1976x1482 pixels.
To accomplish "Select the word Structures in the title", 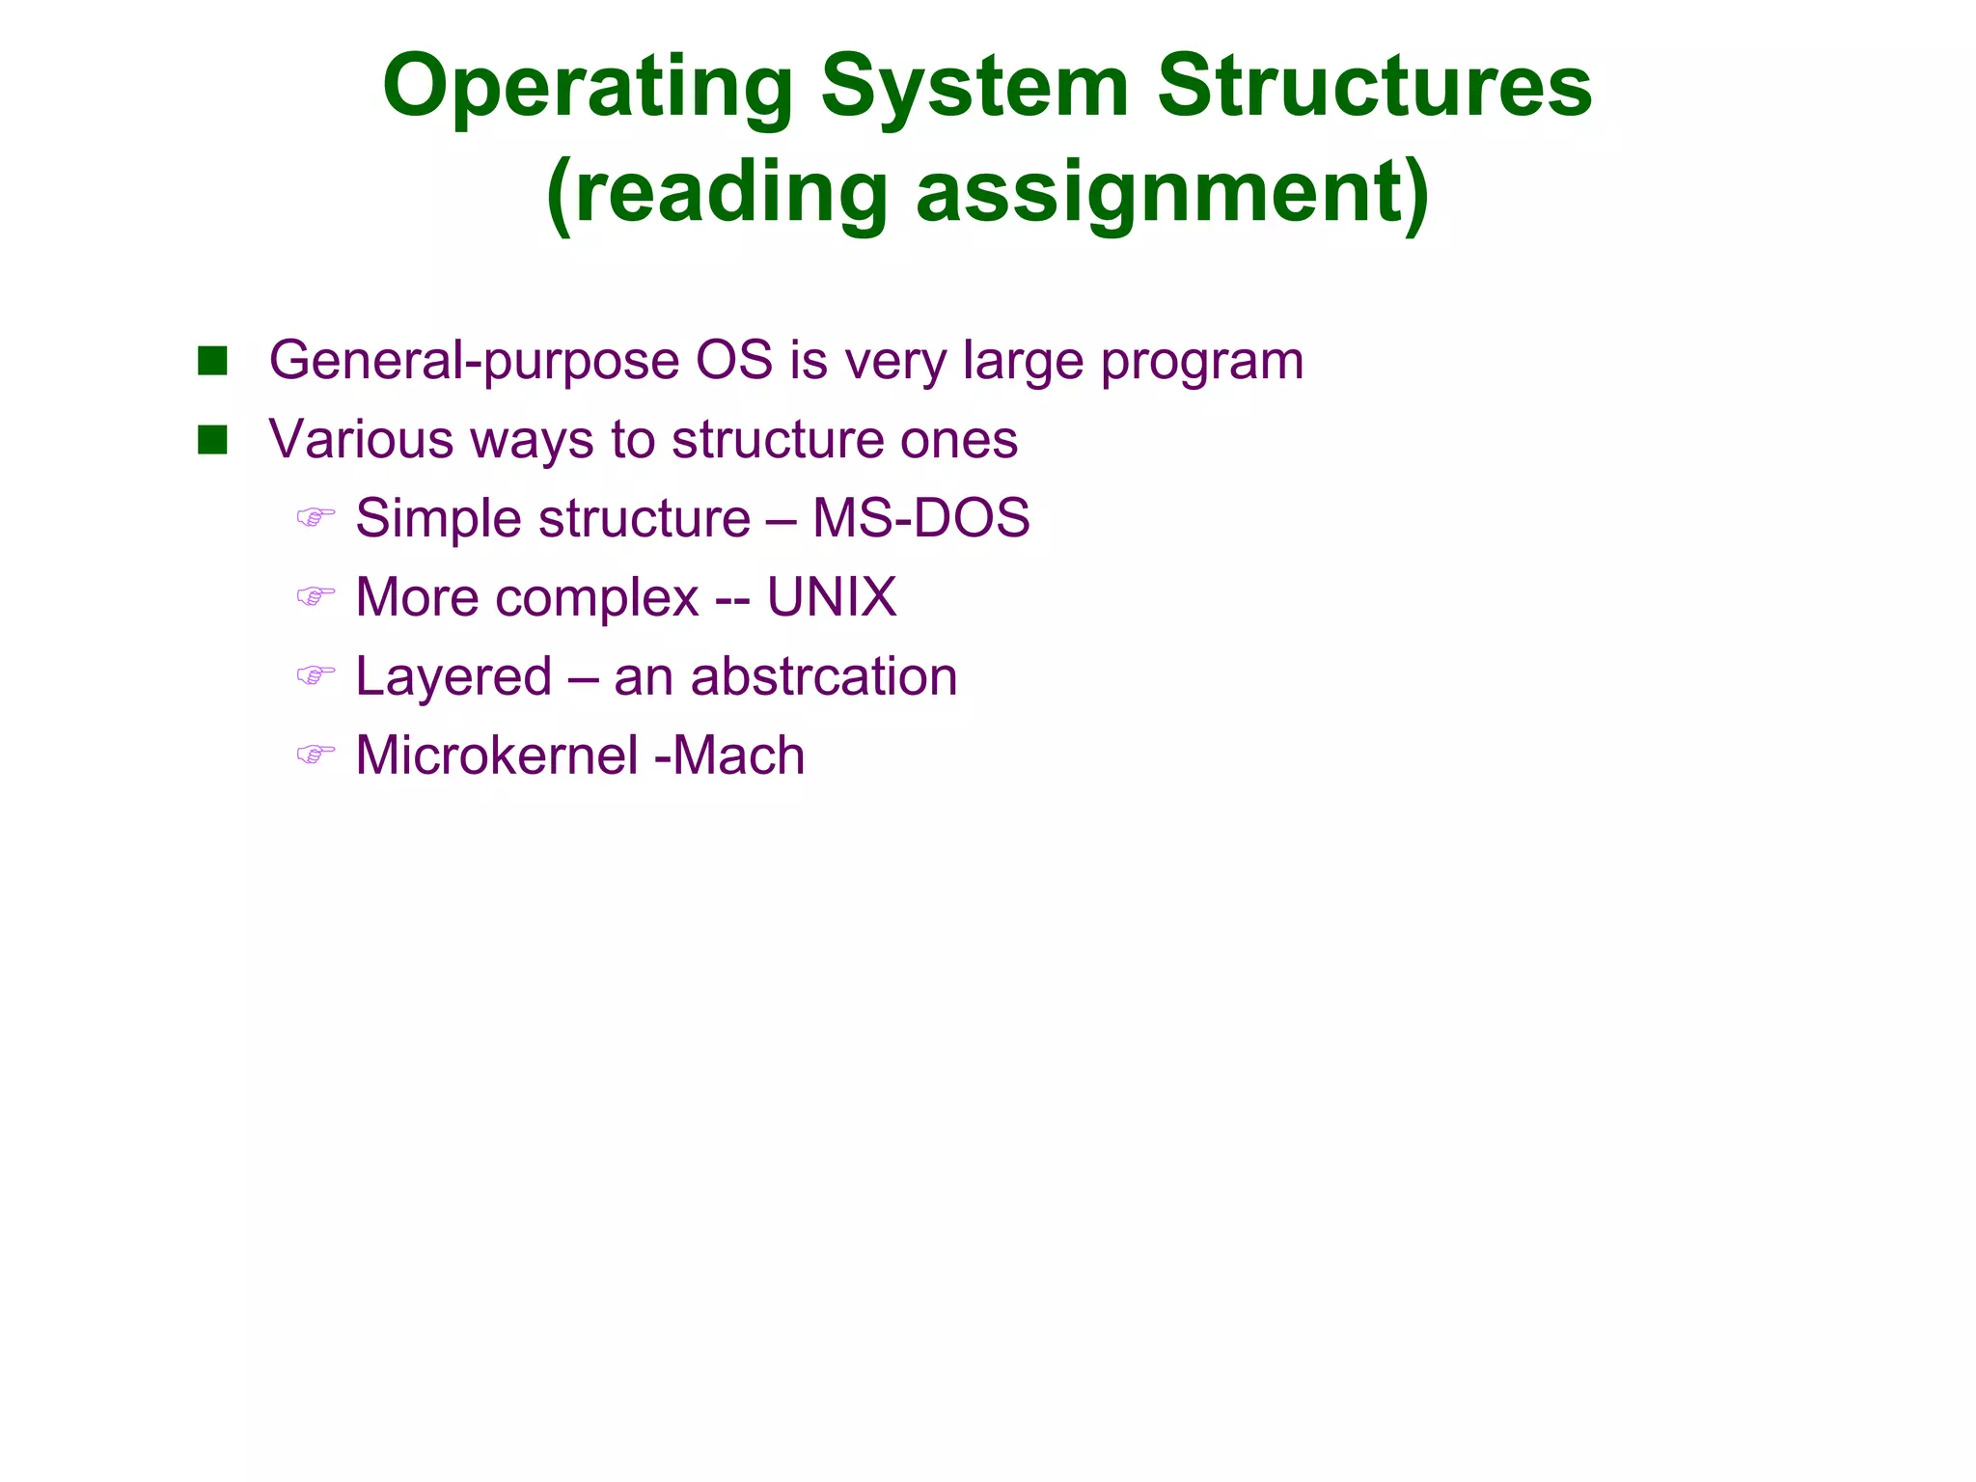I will click(x=1374, y=87).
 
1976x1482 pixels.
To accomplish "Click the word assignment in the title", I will click(x=1173, y=193).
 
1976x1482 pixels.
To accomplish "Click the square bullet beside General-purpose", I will click(x=212, y=362).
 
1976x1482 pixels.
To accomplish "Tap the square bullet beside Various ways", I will click(x=212, y=441).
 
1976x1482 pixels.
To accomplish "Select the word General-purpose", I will click(x=473, y=363).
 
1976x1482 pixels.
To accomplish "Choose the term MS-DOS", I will click(x=921, y=518).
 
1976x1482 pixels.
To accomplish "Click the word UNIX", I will click(x=832, y=597).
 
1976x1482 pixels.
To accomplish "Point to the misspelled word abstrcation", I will click(x=824, y=676).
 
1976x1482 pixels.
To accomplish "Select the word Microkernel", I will click(x=497, y=755).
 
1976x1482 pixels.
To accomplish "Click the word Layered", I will click(x=453, y=678).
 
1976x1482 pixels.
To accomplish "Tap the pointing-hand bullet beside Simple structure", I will click(x=316, y=518).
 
